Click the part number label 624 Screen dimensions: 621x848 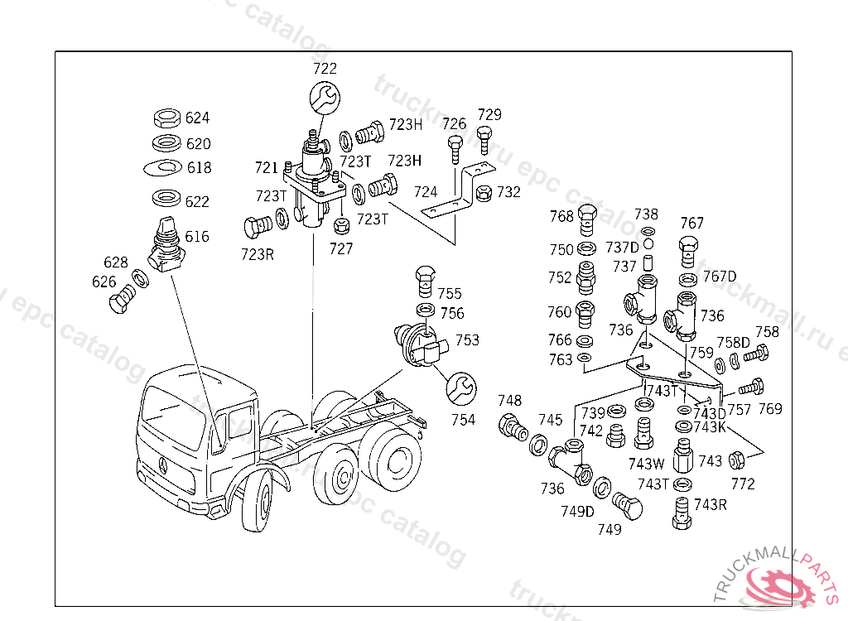pyautogui.click(x=197, y=118)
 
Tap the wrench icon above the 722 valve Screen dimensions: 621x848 pyautogui.click(x=325, y=98)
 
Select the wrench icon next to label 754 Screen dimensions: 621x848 pyautogui.click(x=460, y=387)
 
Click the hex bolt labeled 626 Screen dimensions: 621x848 pyautogui.click(x=122, y=299)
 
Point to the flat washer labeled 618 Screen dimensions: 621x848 pyautogui.click(x=162, y=168)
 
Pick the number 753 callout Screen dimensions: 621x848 pyautogui.click(x=466, y=340)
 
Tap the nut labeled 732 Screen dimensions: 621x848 pyautogui.click(x=486, y=193)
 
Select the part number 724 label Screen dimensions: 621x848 pyautogui.click(x=426, y=192)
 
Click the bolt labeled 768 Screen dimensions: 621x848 pyautogui.click(x=586, y=219)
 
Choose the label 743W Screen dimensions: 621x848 pyautogui.click(x=647, y=464)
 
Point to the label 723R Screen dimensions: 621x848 pyautogui.click(x=258, y=254)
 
